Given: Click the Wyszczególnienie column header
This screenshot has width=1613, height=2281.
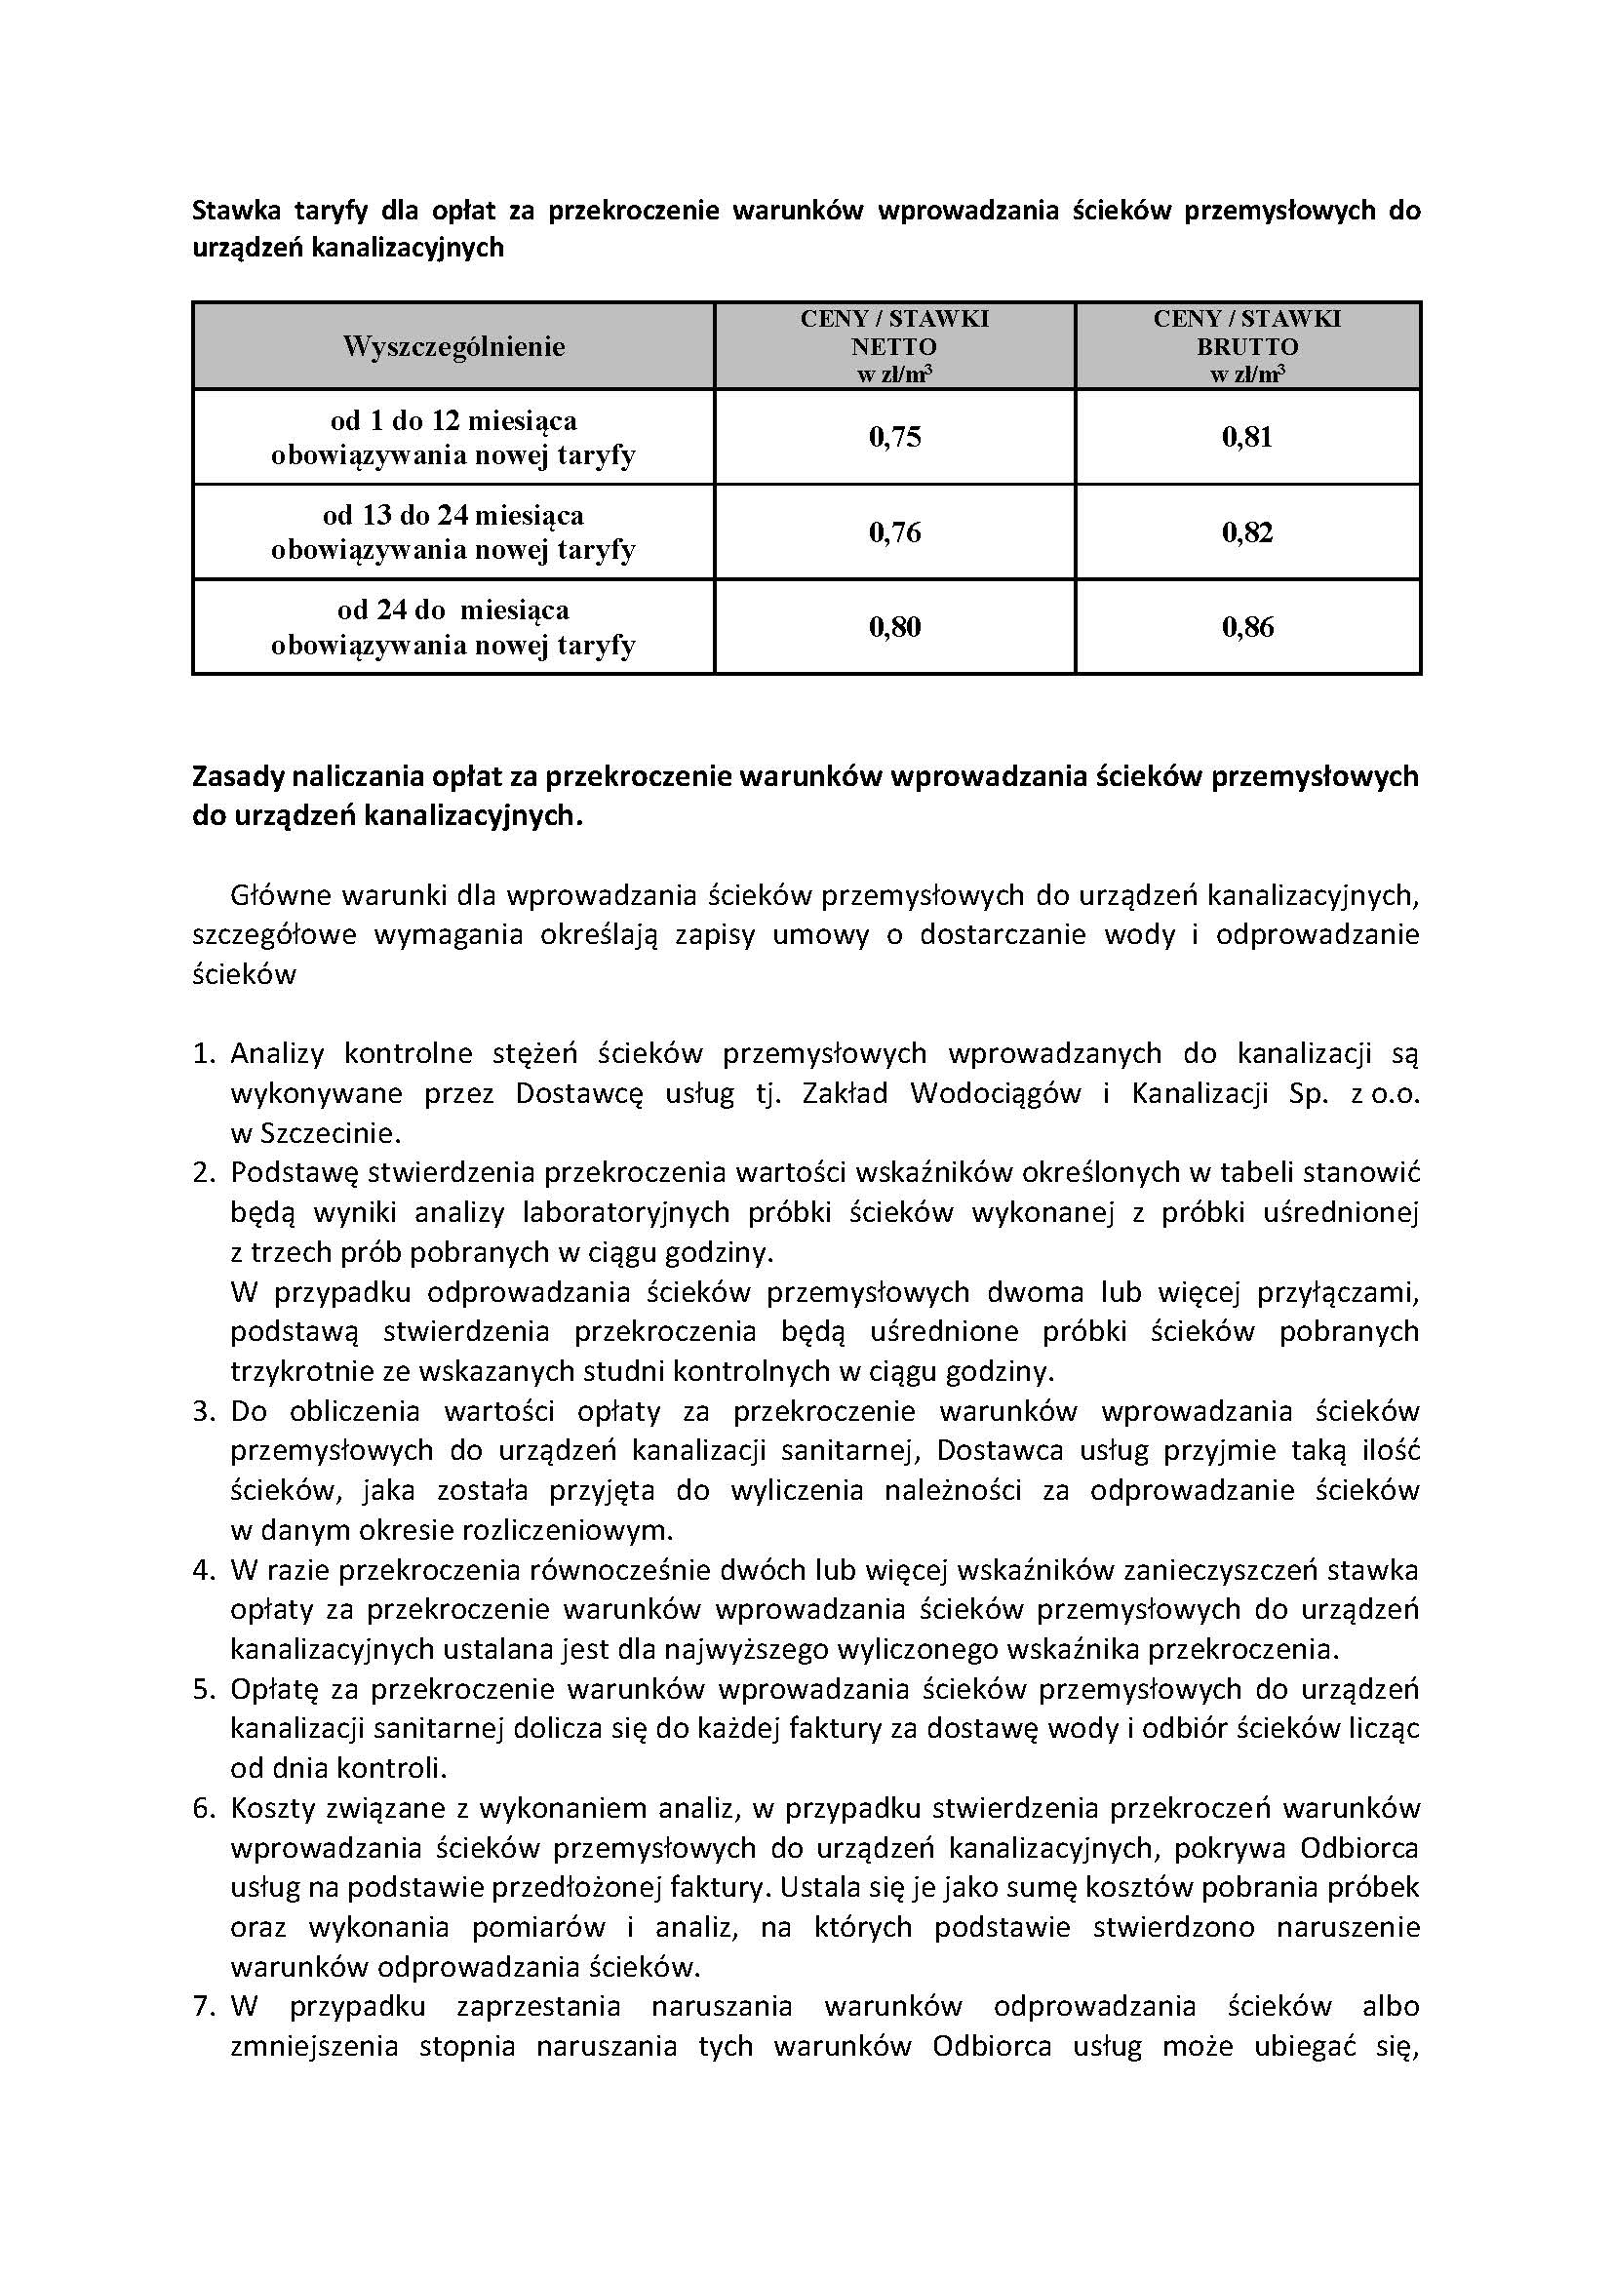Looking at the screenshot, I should (x=453, y=346).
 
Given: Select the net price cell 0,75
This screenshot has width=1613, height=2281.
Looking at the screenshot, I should (x=895, y=437).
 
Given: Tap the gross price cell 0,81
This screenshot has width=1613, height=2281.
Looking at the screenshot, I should (x=1247, y=437).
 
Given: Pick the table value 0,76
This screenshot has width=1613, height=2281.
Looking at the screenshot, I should (x=895, y=532).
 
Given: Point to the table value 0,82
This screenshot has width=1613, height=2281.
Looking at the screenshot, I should (x=1247, y=532).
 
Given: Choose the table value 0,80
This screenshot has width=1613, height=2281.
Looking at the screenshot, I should (x=895, y=627).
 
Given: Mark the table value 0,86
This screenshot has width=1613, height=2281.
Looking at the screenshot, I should (x=1247, y=627).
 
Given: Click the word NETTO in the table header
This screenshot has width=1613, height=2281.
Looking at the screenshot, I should (x=894, y=347).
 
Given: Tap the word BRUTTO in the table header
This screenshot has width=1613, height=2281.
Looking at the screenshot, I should (x=1247, y=347).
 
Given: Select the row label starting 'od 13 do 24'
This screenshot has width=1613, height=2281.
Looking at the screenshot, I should (x=452, y=532).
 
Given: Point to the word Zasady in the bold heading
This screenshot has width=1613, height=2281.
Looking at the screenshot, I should (x=234, y=776).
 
